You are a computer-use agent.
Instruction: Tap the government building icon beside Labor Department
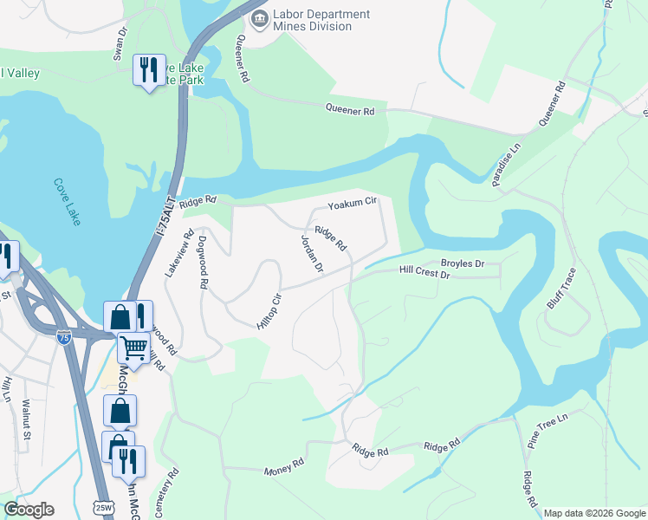point(258,18)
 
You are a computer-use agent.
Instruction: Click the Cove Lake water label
point(67,202)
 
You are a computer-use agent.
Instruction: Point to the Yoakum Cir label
point(353,205)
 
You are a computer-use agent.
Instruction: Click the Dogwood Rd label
point(204,262)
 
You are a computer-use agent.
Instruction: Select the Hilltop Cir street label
point(269,310)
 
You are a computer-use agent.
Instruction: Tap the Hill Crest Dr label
point(425,273)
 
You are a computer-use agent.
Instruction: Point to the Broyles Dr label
point(463,262)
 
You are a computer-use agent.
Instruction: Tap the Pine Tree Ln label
point(548,429)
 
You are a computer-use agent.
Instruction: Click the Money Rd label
point(284,469)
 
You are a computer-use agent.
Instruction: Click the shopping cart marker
point(133,348)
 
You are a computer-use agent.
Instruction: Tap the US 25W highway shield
point(104,507)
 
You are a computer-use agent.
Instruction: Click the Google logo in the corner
point(29,509)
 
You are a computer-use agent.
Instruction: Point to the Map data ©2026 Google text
point(593,513)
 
